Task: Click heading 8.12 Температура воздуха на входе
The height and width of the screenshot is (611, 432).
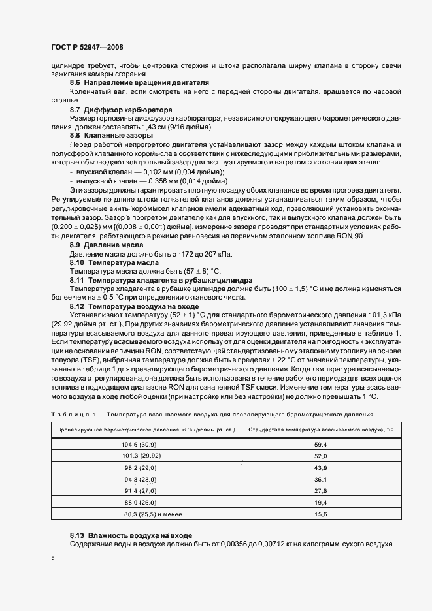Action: pyautogui.click(x=144, y=305)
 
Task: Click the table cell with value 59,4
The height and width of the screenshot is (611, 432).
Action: pyautogui.click(x=320, y=444)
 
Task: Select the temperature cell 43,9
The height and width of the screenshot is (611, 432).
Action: pyautogui.click(x=320, y=467)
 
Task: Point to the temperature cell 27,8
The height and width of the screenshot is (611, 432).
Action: pyautogui.click(x=320, y=490)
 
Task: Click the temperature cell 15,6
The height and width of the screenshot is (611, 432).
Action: pyautogui.click(x=320, y=514)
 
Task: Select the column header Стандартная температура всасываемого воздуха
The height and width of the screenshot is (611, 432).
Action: pyautogui.click(x=320, y=430)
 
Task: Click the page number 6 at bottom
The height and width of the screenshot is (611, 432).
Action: pyautogui.click(x=52, y=558)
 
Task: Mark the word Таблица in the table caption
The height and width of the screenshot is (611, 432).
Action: pyautogui.click(x=69, y=415)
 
